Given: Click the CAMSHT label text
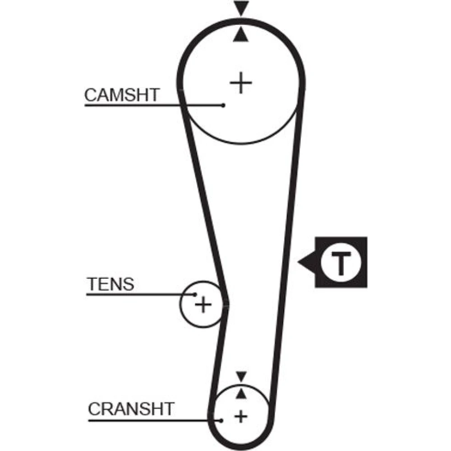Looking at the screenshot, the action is tap(122, 95).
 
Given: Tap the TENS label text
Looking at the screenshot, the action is tap(110, 284).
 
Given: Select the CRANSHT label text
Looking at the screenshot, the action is tap(131, 409).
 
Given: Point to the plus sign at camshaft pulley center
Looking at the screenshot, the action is tap(241, 83).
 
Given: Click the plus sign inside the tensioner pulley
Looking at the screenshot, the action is tap(203, 304).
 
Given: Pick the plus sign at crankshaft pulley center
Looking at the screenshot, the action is tap(241, 416).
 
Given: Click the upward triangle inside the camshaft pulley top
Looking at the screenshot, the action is tap(241, 34).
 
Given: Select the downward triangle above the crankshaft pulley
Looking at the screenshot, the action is tap(241, 376).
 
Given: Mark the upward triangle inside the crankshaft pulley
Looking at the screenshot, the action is tap(241, 393).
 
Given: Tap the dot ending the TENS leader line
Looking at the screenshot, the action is tap(195, 295).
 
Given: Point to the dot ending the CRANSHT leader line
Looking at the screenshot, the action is tap(221, 421).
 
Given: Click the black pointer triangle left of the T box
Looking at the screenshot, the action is tap(307, 262).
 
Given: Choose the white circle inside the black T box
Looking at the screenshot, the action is tap(341, 262).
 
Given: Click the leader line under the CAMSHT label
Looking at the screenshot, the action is tap(154, 106).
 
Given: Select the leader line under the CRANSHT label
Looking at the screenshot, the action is tap(154, 421).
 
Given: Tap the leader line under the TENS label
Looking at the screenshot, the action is tap(141, 295).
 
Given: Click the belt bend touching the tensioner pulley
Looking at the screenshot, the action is tap(225, 304).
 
